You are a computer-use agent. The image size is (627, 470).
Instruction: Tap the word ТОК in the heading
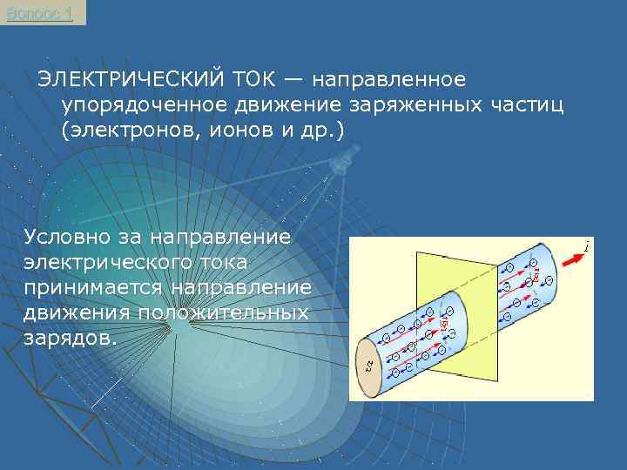(256, 80)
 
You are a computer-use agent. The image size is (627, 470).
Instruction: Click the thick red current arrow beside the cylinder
(571, 258)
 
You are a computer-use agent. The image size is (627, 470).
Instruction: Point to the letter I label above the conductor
(588, 247)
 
